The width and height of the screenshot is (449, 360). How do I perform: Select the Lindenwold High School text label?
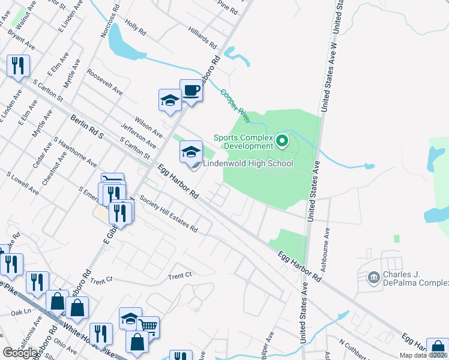click(x=248, y=163)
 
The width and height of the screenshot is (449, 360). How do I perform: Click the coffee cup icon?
click(x=191, y=91)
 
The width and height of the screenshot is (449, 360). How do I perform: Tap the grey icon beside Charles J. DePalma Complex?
click(x=373, y=277)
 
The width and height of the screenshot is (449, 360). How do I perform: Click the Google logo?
click(x=20, y=352)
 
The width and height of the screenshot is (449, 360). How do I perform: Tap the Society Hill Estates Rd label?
click(x=167, y=213)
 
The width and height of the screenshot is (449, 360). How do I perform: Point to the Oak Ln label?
click(x=20, y=312)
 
